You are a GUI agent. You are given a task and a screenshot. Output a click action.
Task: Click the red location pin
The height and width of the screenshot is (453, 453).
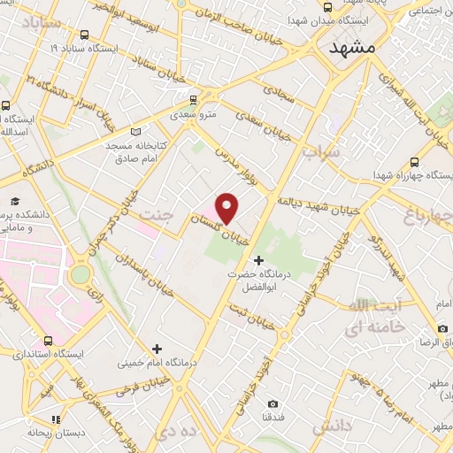[227, 207]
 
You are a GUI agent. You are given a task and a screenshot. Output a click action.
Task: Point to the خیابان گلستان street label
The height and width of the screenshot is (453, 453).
[233, 234]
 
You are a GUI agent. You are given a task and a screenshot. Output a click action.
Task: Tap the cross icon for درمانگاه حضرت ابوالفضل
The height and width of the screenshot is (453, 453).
[258, 260]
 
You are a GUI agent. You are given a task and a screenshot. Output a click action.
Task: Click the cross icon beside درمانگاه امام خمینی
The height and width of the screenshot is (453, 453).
[157, 349]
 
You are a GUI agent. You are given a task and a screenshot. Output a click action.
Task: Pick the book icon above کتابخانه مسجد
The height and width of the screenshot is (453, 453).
[135, 132]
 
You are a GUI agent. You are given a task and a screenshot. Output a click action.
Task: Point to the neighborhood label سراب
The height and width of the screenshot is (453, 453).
[319, 151]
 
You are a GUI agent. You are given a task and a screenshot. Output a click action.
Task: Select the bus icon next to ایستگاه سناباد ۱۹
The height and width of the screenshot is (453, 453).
[83, 35]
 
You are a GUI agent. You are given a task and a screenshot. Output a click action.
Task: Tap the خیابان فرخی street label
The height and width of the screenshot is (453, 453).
[145, 389]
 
